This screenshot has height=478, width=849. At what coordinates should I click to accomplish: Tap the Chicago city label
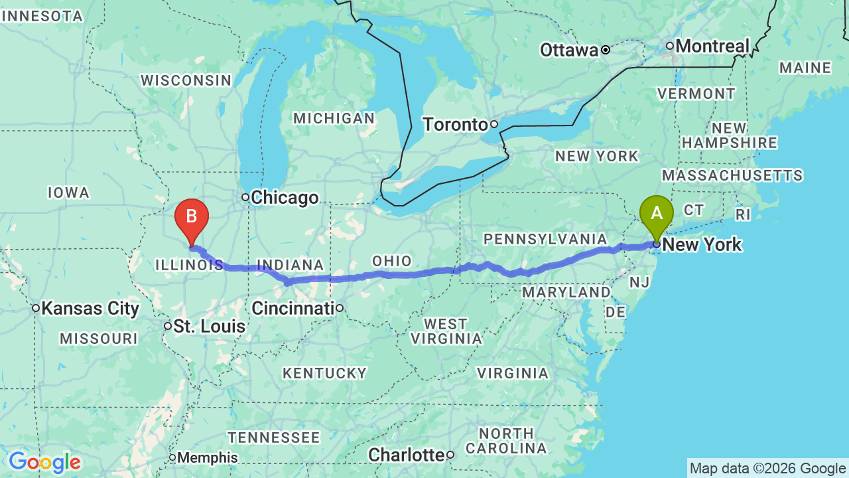[285, 198]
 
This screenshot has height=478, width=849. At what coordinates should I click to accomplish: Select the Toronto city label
[456, 124]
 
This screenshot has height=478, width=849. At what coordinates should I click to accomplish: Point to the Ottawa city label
[569, 50]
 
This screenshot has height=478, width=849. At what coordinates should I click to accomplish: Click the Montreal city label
[712, 46]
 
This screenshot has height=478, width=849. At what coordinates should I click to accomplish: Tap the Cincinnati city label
[293, 308]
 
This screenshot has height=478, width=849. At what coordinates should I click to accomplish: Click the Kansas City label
[90, 308]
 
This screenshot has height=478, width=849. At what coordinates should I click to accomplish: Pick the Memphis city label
[207, 457]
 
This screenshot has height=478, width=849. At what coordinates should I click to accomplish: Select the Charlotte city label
[406, 455]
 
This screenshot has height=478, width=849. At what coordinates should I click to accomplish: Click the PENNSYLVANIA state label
[545, 239]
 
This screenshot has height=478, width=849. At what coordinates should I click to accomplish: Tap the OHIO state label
[392, 261]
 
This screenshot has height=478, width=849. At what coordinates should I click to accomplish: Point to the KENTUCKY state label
[324, 373]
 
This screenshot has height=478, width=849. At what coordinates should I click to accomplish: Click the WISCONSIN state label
[186, 80]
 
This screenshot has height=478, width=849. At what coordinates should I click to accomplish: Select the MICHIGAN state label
[334, 118]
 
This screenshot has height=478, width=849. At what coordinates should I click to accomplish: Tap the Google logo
[44, 462]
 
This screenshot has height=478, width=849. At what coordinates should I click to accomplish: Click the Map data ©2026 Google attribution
[767, 469]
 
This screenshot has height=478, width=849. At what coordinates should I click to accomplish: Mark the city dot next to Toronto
[494, 124]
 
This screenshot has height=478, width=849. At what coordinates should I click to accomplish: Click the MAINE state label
[805, 68]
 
